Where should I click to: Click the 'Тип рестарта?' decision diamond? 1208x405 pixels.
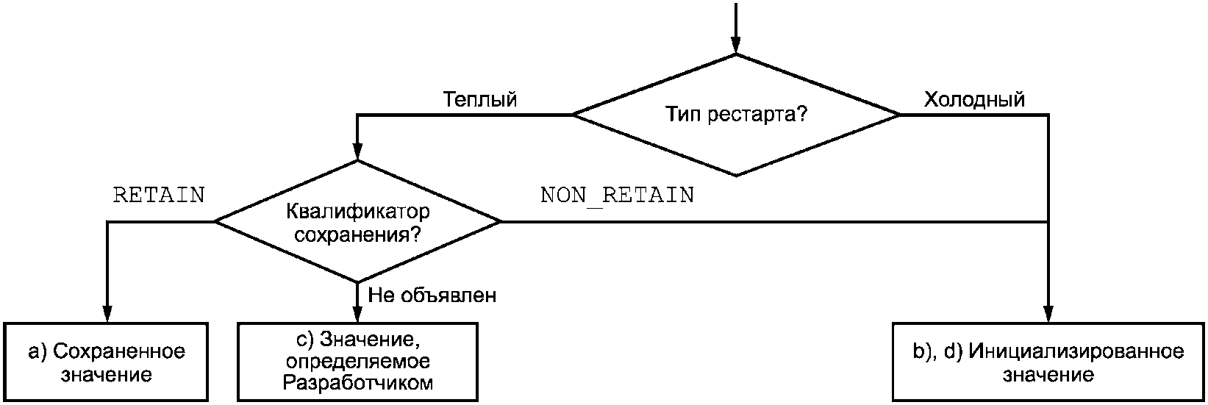(x=735, y=115)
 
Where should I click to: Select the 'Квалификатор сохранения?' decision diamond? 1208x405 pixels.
(x=357, y=221)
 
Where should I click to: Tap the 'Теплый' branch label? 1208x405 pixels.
(x=479, y=100)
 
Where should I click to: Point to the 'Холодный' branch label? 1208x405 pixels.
(x=974, y=100)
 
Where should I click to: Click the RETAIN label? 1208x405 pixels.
(x=159, y=195)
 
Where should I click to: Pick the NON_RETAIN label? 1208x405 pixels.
(x=618, y=196)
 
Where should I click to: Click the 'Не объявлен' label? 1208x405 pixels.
(x=432, y=295)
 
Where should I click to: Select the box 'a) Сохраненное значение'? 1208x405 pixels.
(x=106, y=362)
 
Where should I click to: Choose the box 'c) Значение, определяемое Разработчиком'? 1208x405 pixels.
(x=357, y=362)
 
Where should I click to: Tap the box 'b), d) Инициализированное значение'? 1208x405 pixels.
(x=1048, y=362)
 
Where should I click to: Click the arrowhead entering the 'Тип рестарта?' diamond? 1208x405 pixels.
(x=735, y=46)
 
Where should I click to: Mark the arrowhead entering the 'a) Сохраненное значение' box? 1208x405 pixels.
(x=107, y=314)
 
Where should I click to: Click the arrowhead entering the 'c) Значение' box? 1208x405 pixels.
(x=357, y=314)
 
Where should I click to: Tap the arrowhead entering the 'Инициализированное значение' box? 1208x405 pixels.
(x=1048, y=314)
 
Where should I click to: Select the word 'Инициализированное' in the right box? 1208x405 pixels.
(x=1076, y=351)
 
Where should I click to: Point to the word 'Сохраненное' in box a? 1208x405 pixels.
(x=119, y=351)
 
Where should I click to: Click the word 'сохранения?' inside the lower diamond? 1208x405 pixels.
(x=357, y=235)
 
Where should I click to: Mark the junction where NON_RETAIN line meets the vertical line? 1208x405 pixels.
(x=1048, y=221)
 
